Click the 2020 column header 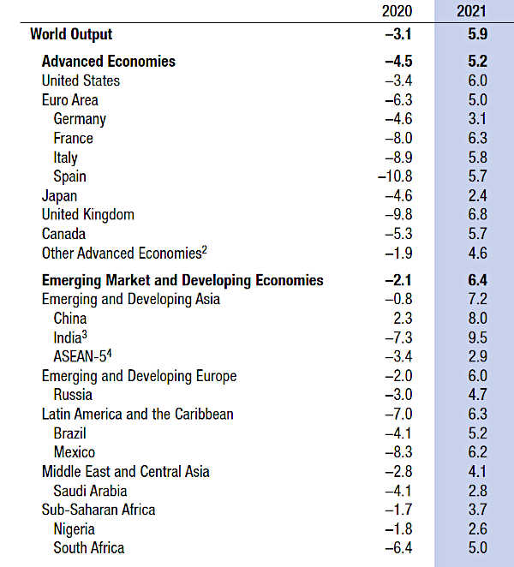[395, 11]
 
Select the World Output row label [71, 34]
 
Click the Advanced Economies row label [108, 61]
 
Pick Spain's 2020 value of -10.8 [395, 176]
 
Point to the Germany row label [80, 119]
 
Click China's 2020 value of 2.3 [403, 319]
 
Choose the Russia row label [73, 395]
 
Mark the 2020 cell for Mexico [398, 452]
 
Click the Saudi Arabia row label [90, 491]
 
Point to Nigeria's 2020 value [398, 528]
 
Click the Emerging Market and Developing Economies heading [182, 280]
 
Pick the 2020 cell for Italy [398, 158]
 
